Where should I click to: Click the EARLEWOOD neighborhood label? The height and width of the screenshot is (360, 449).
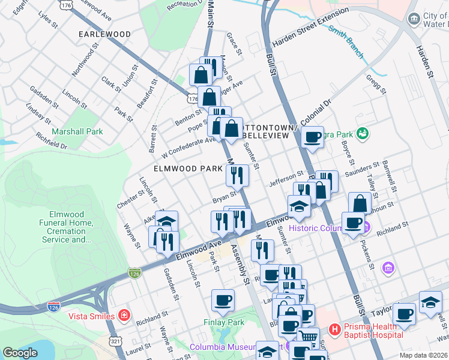(x=105, y=35)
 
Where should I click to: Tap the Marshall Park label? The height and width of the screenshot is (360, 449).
(x=77, y=131)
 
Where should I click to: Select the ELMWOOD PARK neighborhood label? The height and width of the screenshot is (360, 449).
(x=188, y=169)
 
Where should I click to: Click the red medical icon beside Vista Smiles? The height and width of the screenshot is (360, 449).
(x=123, y=315)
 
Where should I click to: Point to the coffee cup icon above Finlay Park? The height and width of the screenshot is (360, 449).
(x=223, y=300)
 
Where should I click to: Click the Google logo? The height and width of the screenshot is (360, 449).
(x=20, y=353)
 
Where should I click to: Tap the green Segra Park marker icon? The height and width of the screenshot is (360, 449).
(x=362, y=132)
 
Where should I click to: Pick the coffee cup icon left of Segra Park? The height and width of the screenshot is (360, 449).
(x=312, y=137)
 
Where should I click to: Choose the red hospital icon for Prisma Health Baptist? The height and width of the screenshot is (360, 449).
(x=334, y=329)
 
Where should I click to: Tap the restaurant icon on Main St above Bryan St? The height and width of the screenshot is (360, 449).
(x=237, y=175)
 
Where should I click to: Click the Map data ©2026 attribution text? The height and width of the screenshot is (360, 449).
(x=423, y=355)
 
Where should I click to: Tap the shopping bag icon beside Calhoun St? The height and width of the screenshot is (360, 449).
(x=360, y=203)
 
